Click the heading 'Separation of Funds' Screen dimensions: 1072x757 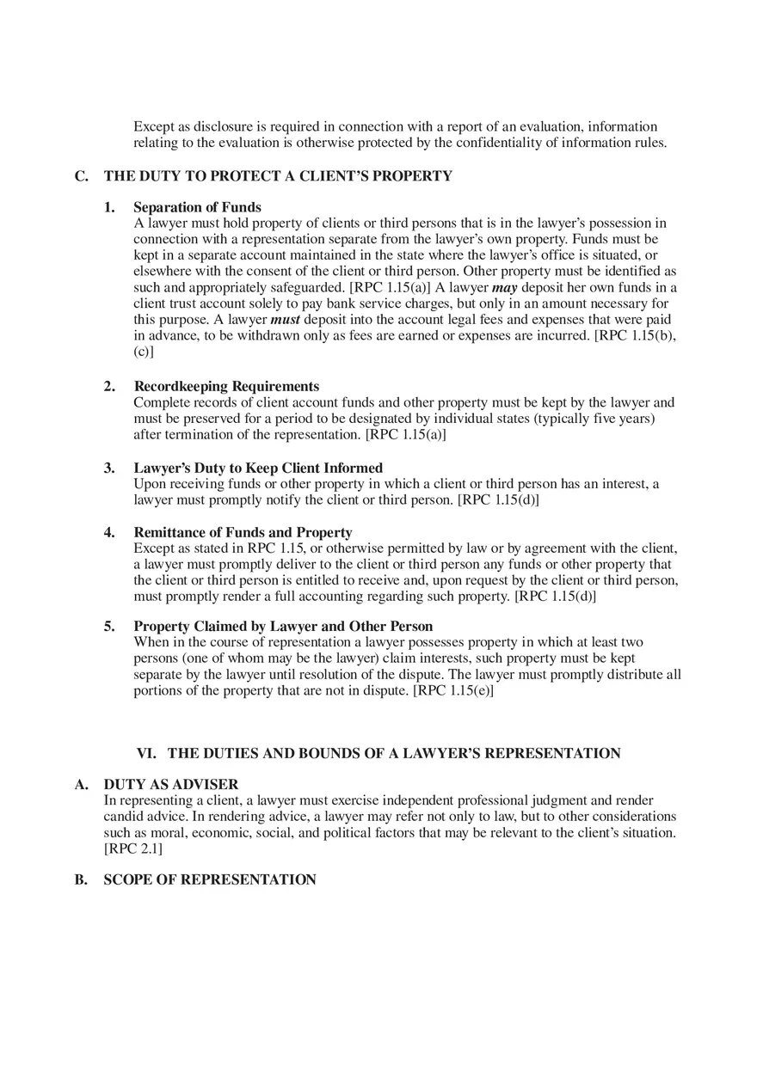pyautogui.click(x=197, y=207)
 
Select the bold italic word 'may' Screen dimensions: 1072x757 pyautogui.click(x=504, y=287)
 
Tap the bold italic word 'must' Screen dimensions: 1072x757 pyautogui.click(x=285, y=320)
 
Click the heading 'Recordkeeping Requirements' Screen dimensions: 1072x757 pyautogui.click(x=226, y=386)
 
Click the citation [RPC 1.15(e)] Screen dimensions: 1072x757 pyautogui.click(x=453, y=690)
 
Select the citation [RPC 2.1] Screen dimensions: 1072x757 pyautogui.click(x=133, y=848)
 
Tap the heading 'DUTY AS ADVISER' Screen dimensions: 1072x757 pyautogui.click(x=171, y=784)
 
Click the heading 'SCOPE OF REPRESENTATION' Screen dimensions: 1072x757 pyautogui.click(x=210, y=879)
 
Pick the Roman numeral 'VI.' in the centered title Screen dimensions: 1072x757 pyautogui.click(x=146, y=753)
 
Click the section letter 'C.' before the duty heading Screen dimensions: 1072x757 pyautogui.click(x=82, y=176)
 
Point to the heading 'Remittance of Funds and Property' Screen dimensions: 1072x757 pyautogui.click(x=243, y=532)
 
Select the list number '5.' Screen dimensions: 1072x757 pyautogui.click(x=109, y=626)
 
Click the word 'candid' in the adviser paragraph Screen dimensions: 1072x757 pyautogui.click(x=123, y=816)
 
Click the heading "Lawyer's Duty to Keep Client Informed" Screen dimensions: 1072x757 pyautogui.click(x=258, y=468)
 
